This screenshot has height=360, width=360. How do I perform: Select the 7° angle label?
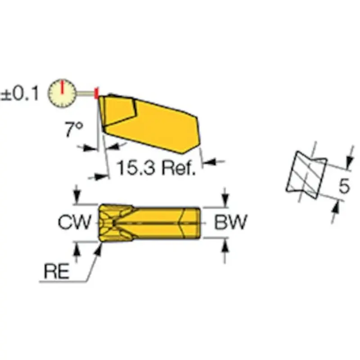pyautogui.click(x=73, y=130)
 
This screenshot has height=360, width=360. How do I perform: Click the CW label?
pyautogui.click(x=75, y=222)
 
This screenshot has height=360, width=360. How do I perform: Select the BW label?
pyautogui.click(x=229, y=222)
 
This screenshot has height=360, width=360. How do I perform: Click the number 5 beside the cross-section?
pyautogui.click(x=344, y=186)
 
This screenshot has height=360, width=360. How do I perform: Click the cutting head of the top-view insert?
pyautogui.click(x=112, y=222)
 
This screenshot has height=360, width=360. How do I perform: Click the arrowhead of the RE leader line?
pyautogui.click(x=99, y=247)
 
